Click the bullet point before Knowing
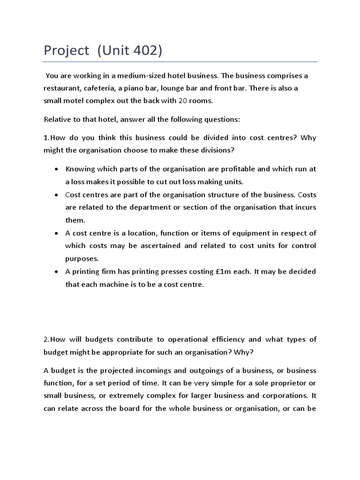click(x=57, y=169)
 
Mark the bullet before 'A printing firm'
click(x=57, y=272)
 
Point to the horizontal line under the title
click(x=180, y=61)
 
